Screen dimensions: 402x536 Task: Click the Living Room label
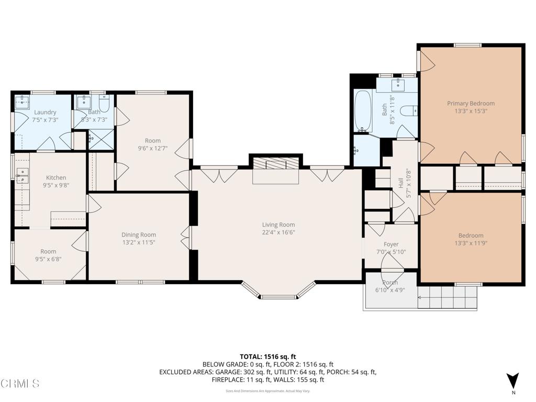278,225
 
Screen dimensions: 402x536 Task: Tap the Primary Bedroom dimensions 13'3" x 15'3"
470,111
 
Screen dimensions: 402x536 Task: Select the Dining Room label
139,235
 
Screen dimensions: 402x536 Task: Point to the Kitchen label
56,177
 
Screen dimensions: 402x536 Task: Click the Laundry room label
45,112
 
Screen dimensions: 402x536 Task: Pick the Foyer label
391,244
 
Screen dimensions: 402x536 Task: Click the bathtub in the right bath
363,111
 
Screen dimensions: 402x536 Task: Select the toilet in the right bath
408,111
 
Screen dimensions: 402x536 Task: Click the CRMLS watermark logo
20,384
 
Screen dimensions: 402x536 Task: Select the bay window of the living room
278,292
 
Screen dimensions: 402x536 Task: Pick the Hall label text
401,183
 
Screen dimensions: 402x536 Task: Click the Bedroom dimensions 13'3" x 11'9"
471,243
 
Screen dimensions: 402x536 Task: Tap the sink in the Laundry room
22,99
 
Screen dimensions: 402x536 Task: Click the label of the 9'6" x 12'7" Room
153,140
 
